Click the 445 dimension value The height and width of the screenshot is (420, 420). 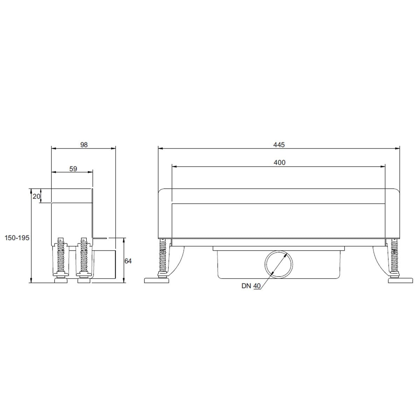tap(279, 145)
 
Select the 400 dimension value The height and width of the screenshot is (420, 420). tap(279, 163)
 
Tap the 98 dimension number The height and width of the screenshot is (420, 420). tap(84, 145)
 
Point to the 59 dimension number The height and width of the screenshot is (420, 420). tap(73, 169)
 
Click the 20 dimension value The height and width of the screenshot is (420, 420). tap(36, 196)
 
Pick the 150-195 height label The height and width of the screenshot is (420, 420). tap(17, 238)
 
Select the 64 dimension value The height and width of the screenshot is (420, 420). tap(128, 261)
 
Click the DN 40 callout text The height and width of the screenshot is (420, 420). tap(251, 286)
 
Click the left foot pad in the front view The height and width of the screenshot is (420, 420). tap(156, 280)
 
